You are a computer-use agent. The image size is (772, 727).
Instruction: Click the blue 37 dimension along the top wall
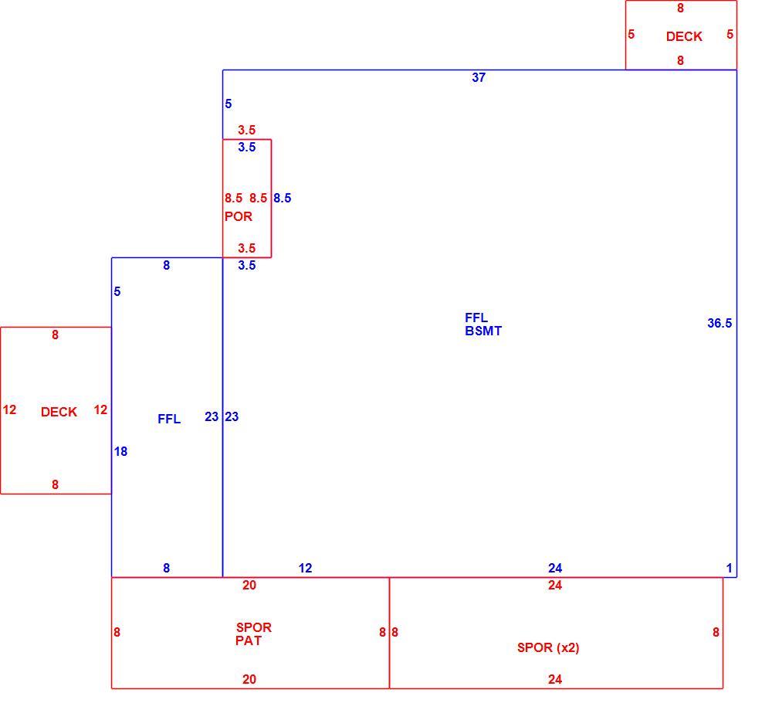(479, 77)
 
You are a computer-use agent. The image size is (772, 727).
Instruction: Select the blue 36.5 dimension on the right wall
(720, 324)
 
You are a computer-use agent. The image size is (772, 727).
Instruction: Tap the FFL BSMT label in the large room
(483, 324)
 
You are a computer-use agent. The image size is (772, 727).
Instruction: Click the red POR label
(239, 216)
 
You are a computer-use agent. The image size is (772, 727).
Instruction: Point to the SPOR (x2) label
(548, 647)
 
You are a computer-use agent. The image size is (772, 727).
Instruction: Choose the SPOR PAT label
(253, 634)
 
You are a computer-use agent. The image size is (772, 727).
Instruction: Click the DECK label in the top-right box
(684, 36)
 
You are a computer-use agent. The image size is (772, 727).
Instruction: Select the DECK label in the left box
(59, 412)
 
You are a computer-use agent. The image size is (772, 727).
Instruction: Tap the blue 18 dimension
(120, 451)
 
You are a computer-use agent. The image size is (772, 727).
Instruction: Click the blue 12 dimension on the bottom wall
(305, 569)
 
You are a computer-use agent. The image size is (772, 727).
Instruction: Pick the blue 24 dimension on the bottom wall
(555, 569)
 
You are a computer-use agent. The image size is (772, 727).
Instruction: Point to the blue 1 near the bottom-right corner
(730, 569)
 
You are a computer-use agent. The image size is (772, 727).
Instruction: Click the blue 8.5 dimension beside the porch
(282, 198)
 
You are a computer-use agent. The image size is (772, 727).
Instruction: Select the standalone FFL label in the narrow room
(169, 419)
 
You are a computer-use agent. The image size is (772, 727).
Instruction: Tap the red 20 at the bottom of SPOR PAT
(249, 679)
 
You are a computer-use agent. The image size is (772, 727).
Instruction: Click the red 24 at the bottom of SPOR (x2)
(555, 679)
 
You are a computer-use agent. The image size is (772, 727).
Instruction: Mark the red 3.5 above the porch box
(247, 130)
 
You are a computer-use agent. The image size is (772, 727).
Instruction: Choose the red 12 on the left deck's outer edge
(9, 409)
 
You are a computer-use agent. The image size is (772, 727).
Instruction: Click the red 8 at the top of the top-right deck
(680, 8)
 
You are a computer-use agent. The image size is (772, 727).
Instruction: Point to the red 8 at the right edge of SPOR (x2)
(716, 633)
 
